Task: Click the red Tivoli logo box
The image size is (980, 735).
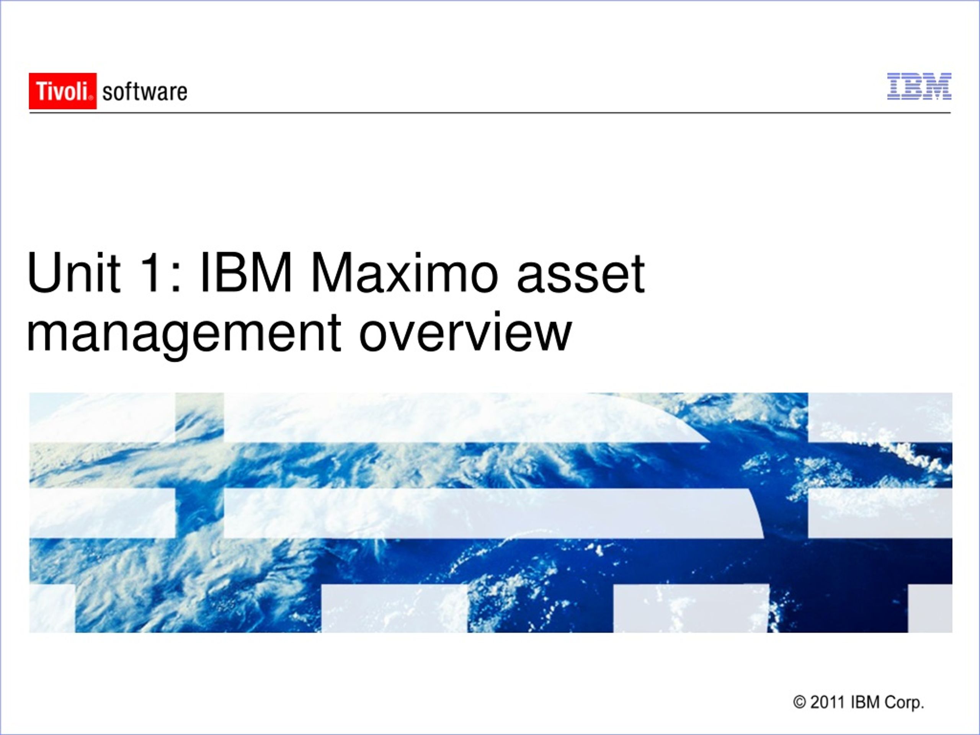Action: tap(62, 91)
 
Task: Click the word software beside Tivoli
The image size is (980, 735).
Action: tap(145, 92)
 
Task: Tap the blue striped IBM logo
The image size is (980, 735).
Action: tap(919, 87)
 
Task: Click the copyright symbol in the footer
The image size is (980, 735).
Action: tap(799, 702)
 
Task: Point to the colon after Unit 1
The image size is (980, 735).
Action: tap(176, 279)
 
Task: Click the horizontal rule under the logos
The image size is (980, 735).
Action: tap(490, 113)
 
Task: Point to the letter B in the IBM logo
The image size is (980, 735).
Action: tap(909, 87)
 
